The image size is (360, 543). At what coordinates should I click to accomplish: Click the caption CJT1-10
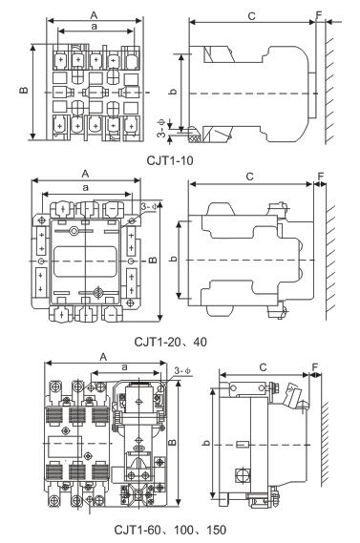point(170,160)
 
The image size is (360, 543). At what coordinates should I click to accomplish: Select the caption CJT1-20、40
point(171,343)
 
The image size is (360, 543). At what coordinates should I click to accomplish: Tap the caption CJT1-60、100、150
point(171,530)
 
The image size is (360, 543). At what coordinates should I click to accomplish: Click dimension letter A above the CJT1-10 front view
point(94,15)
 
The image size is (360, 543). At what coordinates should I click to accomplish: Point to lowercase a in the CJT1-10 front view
point(95,27)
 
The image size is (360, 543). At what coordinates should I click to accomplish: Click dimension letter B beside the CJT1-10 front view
point(24,91)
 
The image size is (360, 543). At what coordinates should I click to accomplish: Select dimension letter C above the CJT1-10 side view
point(251,16)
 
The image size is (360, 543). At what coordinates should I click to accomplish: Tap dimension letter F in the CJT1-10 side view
point(319,15)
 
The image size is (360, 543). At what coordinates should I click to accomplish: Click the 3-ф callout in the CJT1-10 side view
point(161,128)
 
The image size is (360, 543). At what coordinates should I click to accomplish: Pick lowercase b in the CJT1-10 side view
point(174,91)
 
